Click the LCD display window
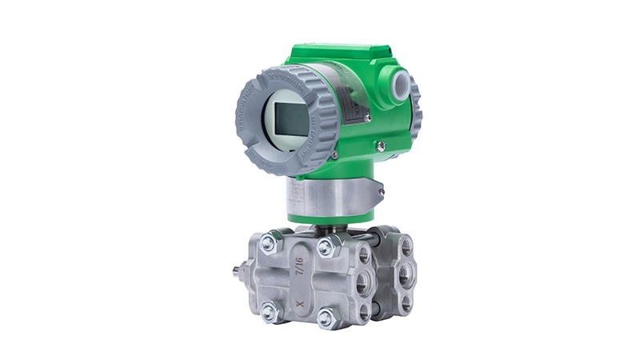[290, 118]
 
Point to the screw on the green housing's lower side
[381, 145]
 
